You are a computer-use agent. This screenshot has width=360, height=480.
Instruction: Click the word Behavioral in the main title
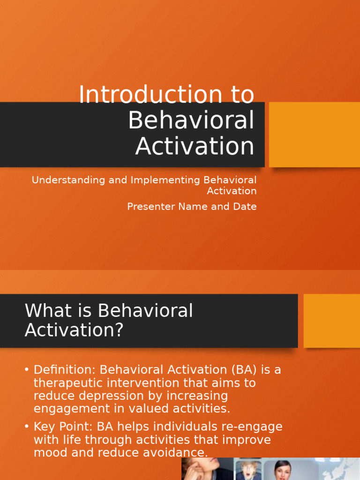point(191,120)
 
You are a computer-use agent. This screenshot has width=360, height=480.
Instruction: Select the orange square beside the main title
point(315,135)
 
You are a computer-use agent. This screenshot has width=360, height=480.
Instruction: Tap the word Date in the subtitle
point(244,206)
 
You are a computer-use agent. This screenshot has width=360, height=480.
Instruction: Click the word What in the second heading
point(46,311)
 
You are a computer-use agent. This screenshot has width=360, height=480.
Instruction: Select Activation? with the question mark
point(74,330)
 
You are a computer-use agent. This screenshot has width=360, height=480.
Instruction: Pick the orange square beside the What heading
point(332,321)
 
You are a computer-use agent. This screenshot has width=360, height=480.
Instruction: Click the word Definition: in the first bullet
point(64,370)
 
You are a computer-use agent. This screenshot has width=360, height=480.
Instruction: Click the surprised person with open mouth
point(247,470)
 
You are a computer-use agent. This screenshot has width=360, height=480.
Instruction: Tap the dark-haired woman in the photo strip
point(283,470)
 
